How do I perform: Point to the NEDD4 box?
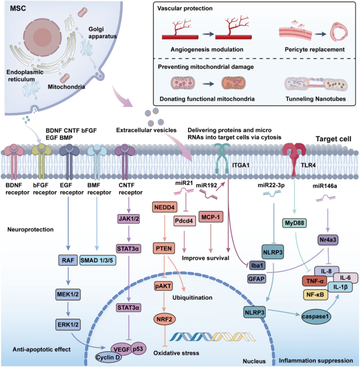pyautogui.click(x=165, y=206)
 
